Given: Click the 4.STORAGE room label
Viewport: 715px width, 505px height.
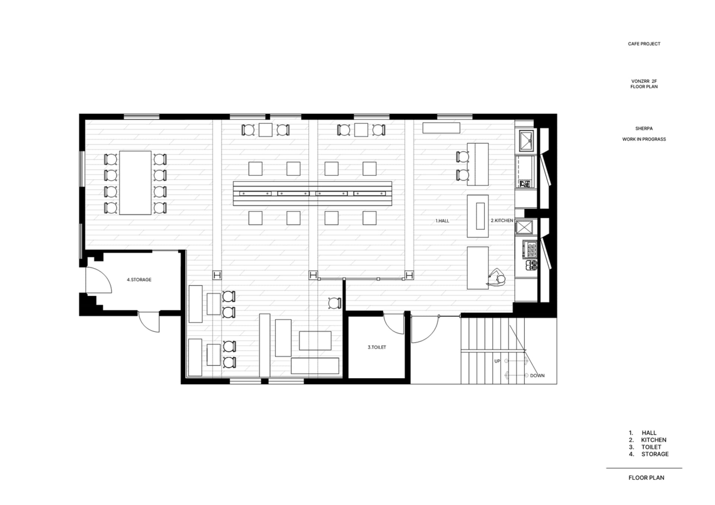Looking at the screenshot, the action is click(139, 280).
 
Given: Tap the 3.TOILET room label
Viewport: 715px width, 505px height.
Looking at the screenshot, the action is click(377, 347).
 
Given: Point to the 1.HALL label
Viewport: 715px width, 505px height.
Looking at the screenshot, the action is click(442, 221).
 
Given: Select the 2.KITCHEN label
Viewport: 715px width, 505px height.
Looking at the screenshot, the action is click(502, 220).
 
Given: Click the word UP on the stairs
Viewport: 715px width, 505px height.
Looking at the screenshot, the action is click(497, 361).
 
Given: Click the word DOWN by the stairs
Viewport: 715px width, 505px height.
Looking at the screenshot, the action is click(537, 375).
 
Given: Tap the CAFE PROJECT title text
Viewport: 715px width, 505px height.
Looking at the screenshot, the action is click(644, 44).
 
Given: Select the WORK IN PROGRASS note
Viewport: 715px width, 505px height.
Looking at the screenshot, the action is click(644, 139).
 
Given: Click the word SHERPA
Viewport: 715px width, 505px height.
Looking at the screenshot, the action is click(644, 128).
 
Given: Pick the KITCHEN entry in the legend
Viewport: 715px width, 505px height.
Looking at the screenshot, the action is click(654, 440).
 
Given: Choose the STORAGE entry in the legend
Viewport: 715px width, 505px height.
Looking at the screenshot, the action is click(655, 454).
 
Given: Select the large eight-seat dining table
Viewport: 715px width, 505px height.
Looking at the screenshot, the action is click(135, 183).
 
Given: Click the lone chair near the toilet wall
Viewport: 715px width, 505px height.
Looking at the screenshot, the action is click(334, 303).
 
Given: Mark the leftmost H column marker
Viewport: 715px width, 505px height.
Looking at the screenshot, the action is click(217, 275).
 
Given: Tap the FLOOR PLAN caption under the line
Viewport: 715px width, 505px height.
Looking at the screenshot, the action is click(646, 478).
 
